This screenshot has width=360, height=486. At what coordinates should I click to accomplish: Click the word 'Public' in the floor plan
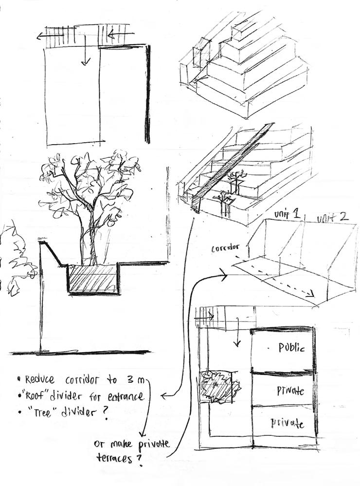click(x=291, y=348)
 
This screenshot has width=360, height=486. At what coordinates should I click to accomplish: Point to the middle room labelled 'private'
click(x=290, y=391)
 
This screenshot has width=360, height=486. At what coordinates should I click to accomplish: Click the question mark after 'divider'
click(x=105, y=413)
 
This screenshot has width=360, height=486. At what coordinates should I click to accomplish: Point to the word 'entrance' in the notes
click(x=125, y=396)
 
